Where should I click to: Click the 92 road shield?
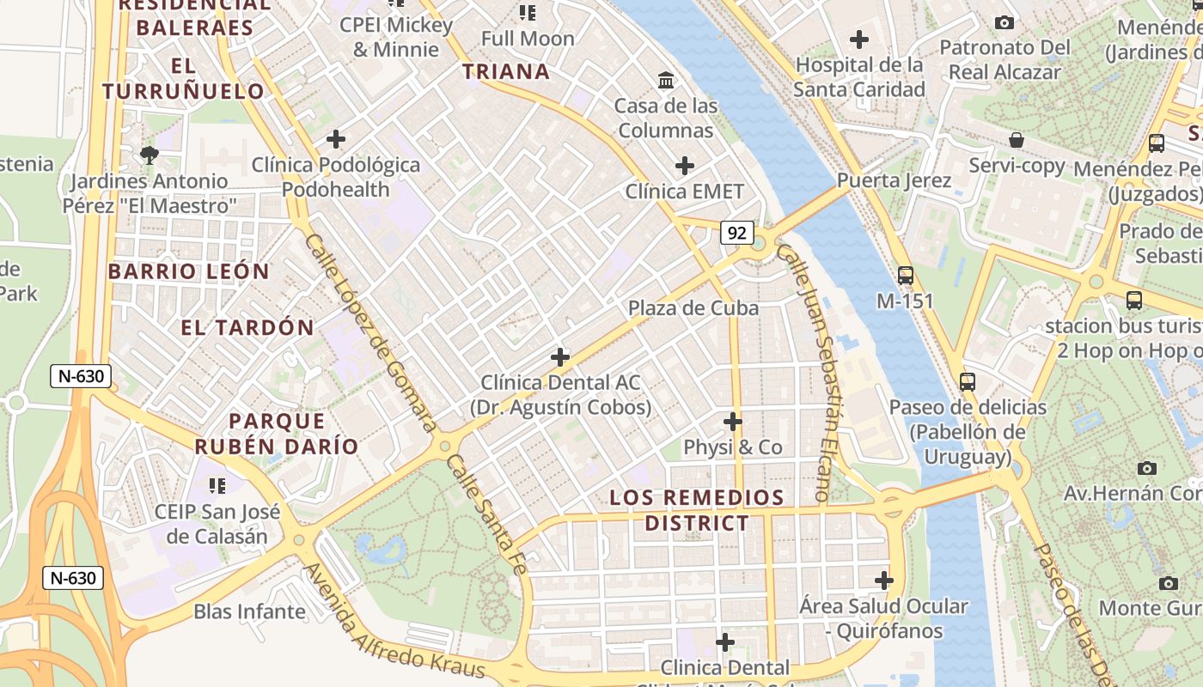pyautogui.click(x=737, y=233)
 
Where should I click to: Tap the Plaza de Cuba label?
pyautogui.click(x=693, y=308)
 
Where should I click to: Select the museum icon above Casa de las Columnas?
pyautogui.click(x=666, y=81)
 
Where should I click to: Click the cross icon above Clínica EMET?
pyautogui.click(x=685, y=165)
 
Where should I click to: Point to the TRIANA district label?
pyautogui.click(x=506, y=71)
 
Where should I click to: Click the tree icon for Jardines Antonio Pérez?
pyautogui.click(x=150, y=155)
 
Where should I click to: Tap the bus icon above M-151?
pyautogui.click(x=906, y=276)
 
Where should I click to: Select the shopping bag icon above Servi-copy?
pyautogui.click(x=1017, y=140)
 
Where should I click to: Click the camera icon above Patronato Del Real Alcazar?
pyautogui.click(x=1004, y=22)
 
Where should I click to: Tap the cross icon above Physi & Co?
pyautogui.click(x=732, y=422)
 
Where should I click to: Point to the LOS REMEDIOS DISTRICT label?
pyautogui.click(x=697, y=510)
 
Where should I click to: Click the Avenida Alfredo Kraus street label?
pyautogui.click(x=395, y=623)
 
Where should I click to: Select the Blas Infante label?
pyautogui.click(x=249, y=611)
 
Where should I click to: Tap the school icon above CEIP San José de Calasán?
pyautogui.click(x=217, y=486)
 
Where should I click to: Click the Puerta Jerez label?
pyautogui.click(x=894, y=180)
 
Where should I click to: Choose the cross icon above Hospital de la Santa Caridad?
pyautogui.click(x=858, y=40)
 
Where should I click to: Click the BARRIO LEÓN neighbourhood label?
pyautogui.click(x=188, y=271)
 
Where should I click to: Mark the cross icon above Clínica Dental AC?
pyautogui.click(x=560, y=356)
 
